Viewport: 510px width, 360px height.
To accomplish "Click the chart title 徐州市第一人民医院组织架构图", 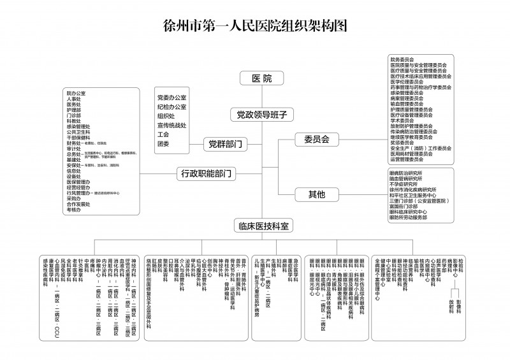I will tap(255, 26).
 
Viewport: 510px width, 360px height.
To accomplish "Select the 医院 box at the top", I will tap(259, 79).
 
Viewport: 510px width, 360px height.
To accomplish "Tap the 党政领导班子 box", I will tap(259, 115).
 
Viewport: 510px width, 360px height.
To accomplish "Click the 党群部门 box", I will tap(225, 144).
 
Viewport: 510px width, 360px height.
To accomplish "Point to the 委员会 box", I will tap(316, 139).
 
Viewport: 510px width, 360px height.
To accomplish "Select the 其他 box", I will tap(316, 193).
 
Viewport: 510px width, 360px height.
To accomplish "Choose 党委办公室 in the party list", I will tap(171, 97).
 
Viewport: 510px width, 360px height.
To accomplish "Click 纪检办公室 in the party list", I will tap(171, 107).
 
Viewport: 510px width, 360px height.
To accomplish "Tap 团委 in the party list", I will tap(163, 144).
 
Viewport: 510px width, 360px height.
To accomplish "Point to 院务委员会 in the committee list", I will tap(402, 59).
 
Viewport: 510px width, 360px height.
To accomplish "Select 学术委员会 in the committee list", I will tap(402, 120).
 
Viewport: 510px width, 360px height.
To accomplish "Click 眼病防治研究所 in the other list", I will tap(410, 173).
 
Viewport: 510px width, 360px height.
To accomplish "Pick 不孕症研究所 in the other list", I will tap(405, 184).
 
